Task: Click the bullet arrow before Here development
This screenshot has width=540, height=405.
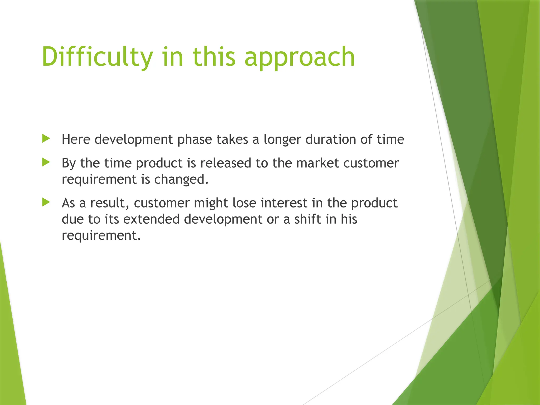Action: (46, 139)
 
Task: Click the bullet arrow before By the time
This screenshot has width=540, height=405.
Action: (46, 162)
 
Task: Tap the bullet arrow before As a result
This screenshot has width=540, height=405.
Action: (46, 202)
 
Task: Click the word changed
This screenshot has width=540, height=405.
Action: (181, 179)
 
